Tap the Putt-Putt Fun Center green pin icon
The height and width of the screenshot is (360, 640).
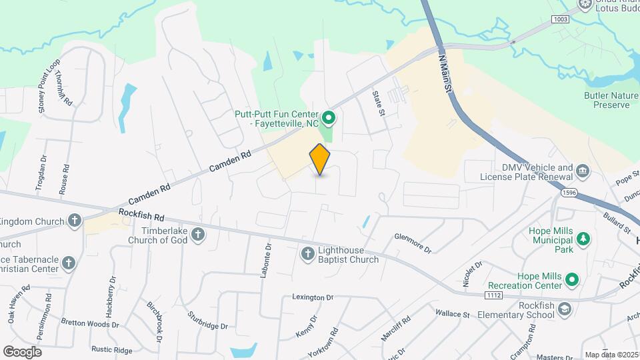[x=329, y=119]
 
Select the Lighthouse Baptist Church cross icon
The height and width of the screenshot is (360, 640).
[x=307, y=253]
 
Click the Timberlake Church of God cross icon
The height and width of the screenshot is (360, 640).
[x=198, y=234]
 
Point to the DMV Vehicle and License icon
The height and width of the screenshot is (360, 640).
[x=583, y=171]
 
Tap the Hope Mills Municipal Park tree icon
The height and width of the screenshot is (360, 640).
[x=584, y=238]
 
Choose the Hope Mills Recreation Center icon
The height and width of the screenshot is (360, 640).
[x=572, y=281]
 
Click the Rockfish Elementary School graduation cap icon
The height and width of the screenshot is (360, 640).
[x=565, y=309]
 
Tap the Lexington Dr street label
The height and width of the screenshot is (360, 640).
[x=312, y=297]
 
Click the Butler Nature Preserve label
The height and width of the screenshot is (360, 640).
[x=607, y=100]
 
